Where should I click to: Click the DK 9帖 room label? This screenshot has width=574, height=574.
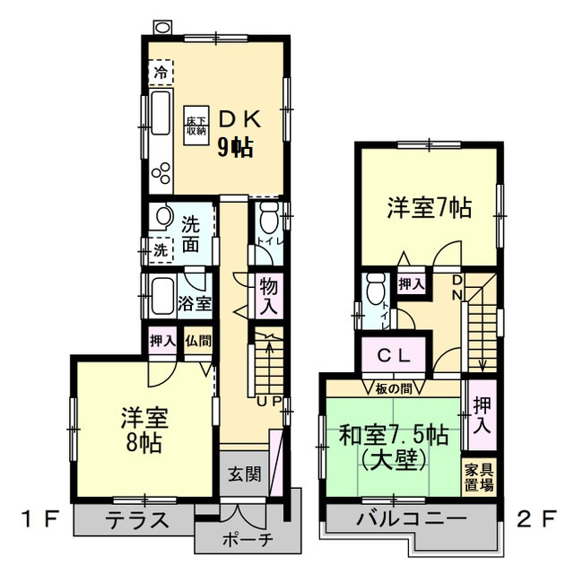239,133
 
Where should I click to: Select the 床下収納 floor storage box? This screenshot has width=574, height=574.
196,126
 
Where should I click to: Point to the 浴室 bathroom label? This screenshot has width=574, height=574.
194,301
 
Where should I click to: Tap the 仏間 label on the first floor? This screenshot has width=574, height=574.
199,341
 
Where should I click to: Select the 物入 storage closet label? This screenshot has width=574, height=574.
268,295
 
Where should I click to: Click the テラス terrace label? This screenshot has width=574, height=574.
136,519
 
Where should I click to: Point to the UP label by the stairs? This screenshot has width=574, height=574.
269,400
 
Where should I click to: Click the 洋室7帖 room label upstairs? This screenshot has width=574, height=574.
429,208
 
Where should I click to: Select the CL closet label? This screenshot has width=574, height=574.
394,354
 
